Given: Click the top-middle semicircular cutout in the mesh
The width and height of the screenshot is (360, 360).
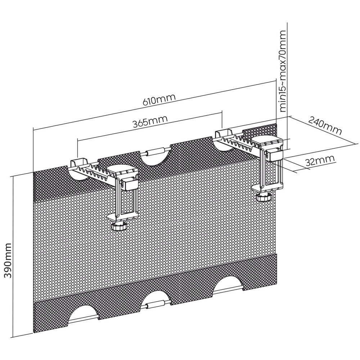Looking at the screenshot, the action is (x=156, y=158).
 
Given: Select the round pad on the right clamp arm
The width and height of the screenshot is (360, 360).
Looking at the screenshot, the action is (x=265, y=140).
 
